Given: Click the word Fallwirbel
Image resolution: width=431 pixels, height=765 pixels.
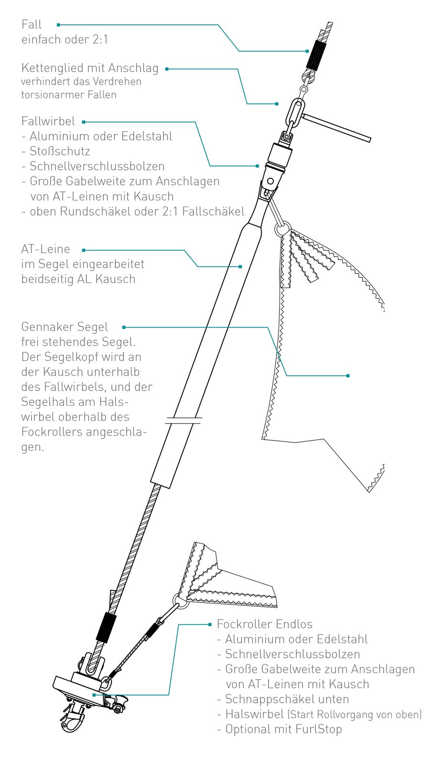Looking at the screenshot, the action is point(48,121).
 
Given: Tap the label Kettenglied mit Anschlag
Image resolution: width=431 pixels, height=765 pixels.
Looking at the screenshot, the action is point(90,68).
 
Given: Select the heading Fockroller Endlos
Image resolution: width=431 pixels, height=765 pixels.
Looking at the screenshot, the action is point(265,624).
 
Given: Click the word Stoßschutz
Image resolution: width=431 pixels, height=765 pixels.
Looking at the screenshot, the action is point(60,151).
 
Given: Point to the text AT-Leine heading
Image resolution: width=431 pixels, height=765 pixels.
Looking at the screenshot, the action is point(46,249).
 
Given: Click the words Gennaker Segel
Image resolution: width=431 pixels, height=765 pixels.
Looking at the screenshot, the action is point(65,327).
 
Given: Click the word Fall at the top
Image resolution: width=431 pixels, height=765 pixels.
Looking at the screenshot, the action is point(32,24).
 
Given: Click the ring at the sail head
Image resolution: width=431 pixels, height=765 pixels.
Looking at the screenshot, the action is point(282,229).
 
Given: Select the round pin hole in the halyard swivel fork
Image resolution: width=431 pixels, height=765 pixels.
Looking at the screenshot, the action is point(270,181).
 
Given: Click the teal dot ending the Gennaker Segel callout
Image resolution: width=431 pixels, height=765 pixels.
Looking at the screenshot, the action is point(348,376).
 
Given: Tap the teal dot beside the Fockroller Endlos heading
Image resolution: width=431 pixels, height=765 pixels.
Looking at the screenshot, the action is point(210,624).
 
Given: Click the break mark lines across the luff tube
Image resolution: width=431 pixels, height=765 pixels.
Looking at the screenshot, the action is point(183,420).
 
